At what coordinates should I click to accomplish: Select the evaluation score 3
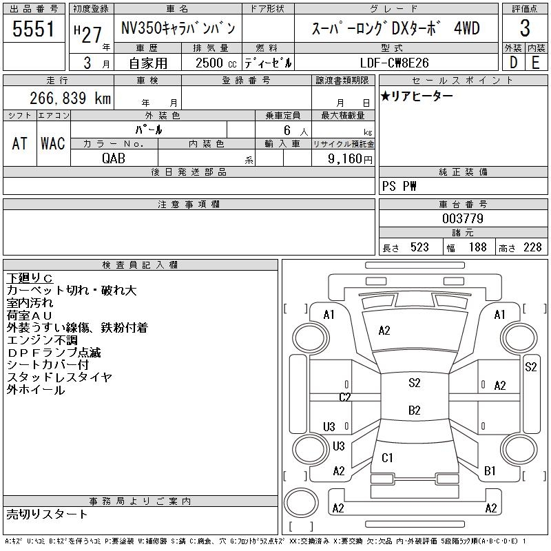(x=524, y=29)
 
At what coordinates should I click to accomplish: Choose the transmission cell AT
(x=19, y=143)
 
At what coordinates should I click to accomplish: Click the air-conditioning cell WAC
(x=52, y=143)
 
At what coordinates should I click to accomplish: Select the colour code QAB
(x=114, y=158)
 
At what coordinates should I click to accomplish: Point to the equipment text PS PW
(x=399, y=186)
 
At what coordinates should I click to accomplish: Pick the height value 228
(x=532, y=247)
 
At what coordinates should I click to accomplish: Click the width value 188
(x=477, y=247)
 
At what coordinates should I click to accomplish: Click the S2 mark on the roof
(x=414, y=383)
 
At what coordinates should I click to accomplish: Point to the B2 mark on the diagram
(x=414, y=410)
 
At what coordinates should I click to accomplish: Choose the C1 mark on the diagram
(x=387, y=457)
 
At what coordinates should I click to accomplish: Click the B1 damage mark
(x=490, y=471)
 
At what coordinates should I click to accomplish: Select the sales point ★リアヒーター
(x=417, y=96)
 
